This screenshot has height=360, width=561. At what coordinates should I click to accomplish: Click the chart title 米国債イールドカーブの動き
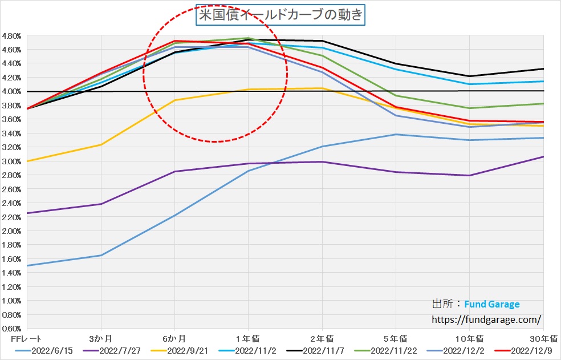click(280, 15)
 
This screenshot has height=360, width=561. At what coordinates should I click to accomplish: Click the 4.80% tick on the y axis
click(11, 35)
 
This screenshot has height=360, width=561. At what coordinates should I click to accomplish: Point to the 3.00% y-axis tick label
click(11, 161)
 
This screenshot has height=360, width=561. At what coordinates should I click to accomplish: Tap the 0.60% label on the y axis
click(11, 329)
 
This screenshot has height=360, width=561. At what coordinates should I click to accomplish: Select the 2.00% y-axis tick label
click(11, 230)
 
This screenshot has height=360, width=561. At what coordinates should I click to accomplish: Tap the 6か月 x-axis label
click(174, 339)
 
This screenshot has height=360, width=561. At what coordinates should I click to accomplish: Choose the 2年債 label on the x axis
click(322, 339)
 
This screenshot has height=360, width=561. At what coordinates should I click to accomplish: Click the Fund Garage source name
click(491, 304)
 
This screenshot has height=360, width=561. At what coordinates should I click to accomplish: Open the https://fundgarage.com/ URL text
click(486, 319)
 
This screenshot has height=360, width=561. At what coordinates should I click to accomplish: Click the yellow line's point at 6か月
click(174, 100)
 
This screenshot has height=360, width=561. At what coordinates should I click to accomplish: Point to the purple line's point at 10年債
click(469, 175)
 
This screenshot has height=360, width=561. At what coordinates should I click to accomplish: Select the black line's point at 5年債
click(396, 64)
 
